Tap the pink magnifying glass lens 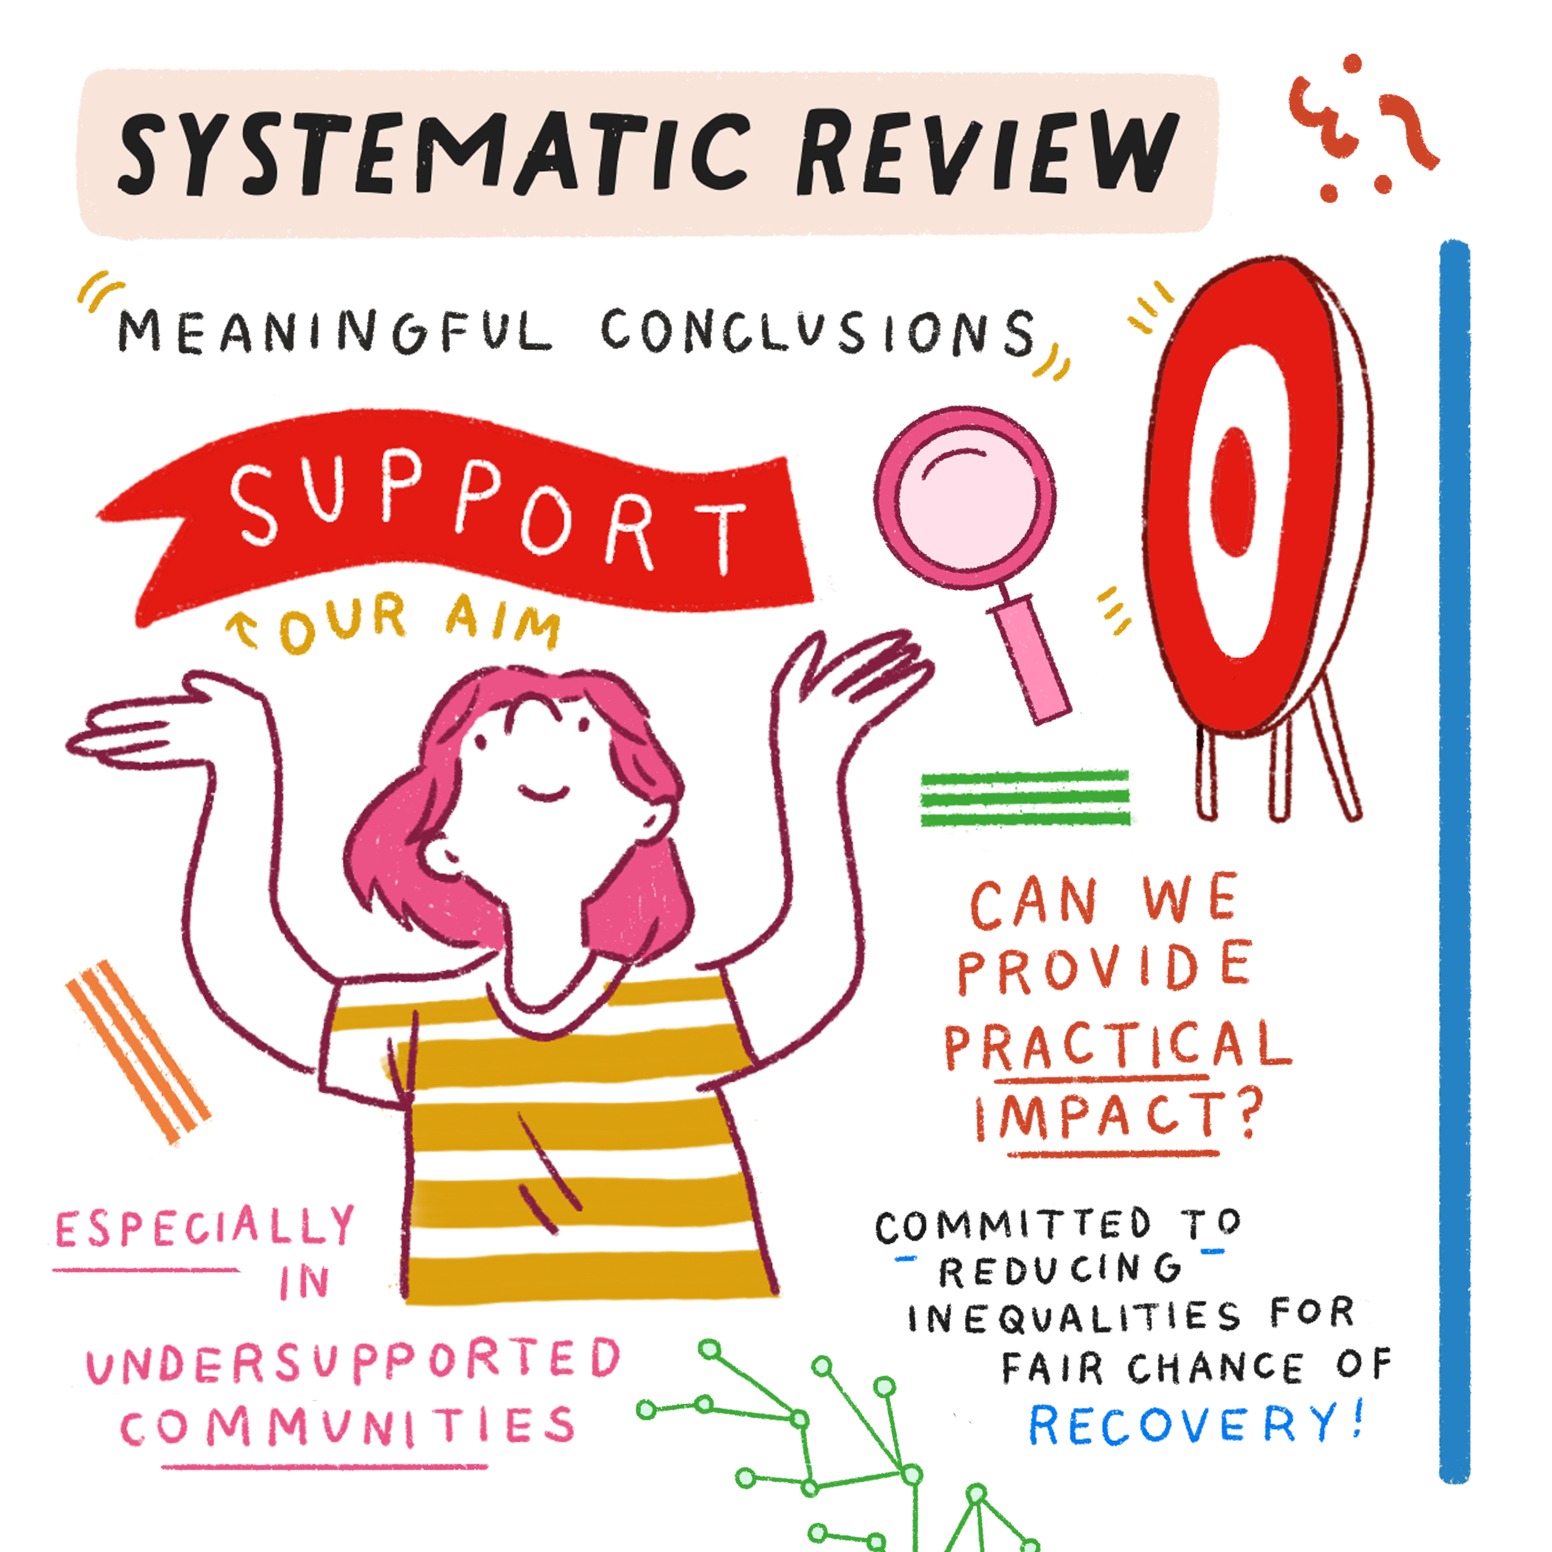click(964, 498)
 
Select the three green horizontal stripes click(1025, 798)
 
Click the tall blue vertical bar click(1454, 860)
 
